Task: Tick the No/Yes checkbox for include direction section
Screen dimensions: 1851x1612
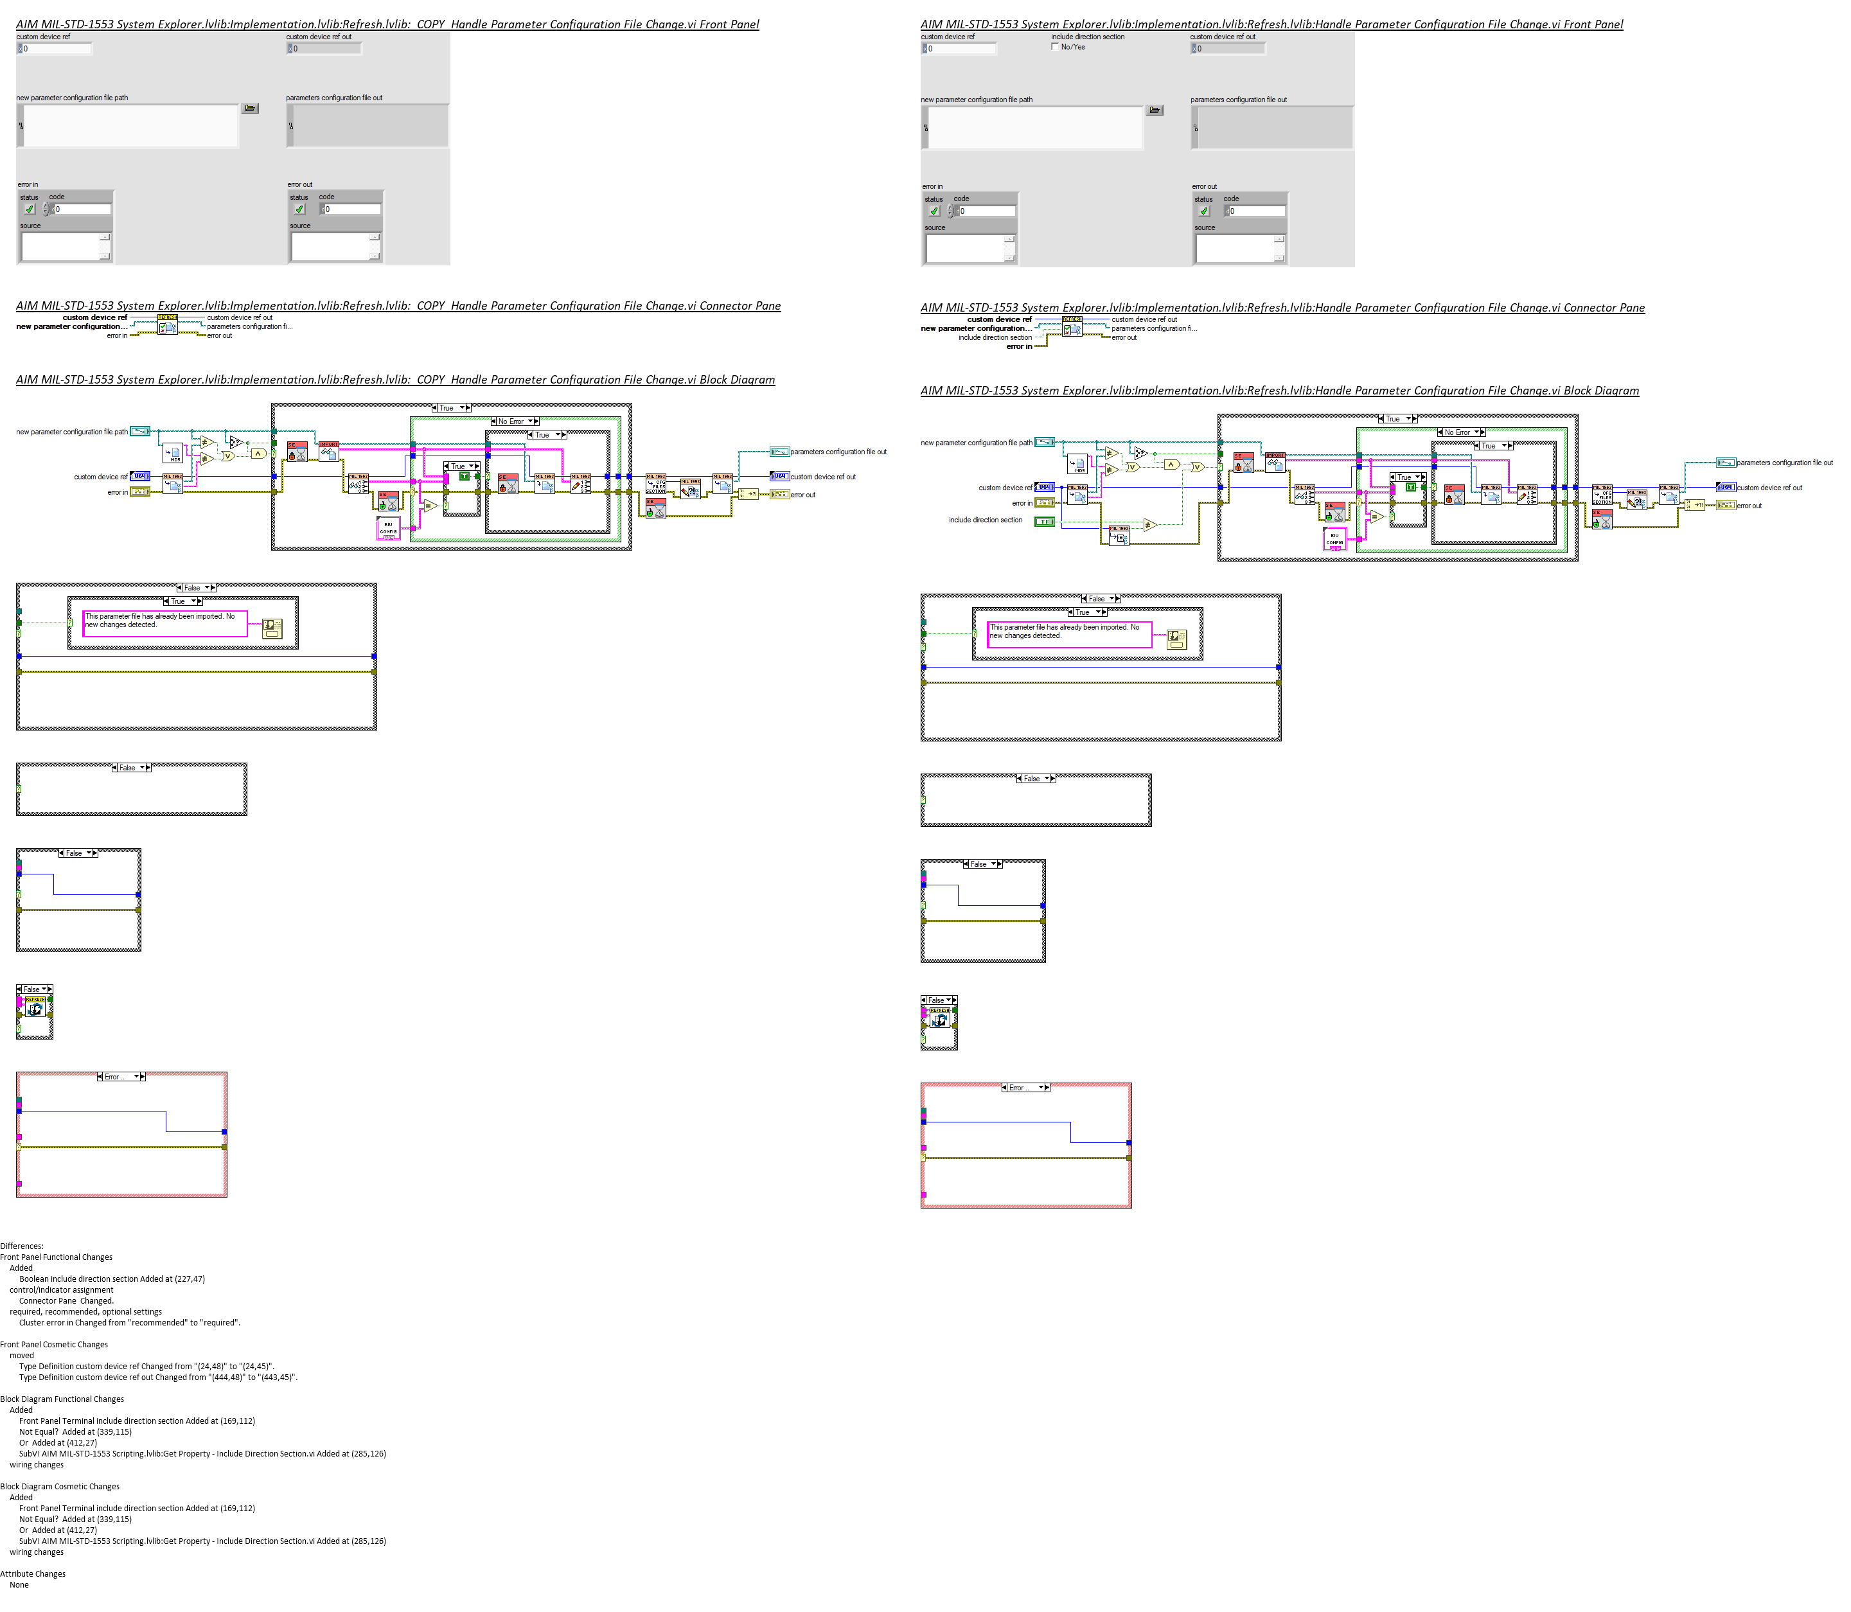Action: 1055,47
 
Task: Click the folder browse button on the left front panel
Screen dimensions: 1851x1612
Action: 250,108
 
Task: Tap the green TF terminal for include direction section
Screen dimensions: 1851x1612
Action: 1044,521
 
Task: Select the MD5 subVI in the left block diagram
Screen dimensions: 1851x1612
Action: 173,454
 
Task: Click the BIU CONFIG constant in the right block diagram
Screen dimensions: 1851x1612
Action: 1334,539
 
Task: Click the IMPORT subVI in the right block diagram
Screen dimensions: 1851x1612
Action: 1275,461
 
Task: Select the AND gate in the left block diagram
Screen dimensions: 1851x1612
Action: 257,454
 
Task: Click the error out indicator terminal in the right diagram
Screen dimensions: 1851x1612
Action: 1726,506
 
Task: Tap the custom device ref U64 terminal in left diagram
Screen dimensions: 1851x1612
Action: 141,476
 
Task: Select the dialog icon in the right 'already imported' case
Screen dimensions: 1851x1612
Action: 1176,639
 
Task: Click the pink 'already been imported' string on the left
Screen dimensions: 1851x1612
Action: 164,623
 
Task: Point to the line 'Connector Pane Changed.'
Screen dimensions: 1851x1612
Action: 67,1301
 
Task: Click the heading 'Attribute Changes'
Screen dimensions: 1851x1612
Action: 33,1573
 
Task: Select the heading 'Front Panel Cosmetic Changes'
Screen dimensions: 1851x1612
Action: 54,1344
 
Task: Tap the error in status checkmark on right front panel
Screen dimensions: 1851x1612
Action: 934,211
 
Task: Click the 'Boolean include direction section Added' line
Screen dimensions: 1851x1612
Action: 112,1279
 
